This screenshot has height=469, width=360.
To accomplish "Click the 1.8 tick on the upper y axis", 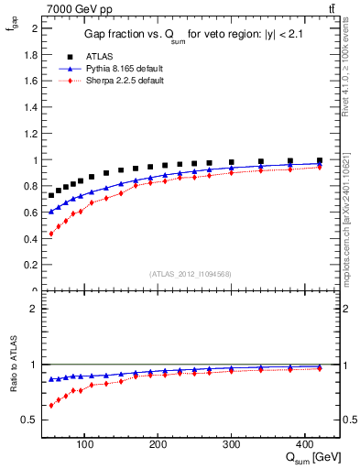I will (31, 54).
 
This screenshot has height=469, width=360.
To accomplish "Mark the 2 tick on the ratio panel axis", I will (35, 309).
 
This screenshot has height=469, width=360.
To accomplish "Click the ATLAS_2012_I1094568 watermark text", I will (190, 274).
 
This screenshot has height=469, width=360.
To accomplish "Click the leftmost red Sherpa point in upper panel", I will (51, 234).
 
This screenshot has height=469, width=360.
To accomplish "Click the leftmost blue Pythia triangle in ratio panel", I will (51, 379).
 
